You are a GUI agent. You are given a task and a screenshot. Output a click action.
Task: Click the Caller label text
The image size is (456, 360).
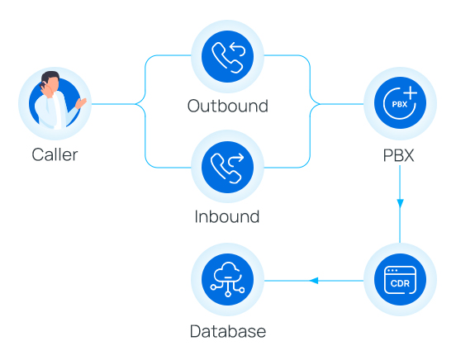point(55,154)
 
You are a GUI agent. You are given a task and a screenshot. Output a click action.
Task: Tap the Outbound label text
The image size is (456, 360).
point(227,107)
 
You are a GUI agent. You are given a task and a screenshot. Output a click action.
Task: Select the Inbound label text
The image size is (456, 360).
point(227,217)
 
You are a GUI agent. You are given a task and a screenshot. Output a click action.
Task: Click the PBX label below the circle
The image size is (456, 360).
point(400,154)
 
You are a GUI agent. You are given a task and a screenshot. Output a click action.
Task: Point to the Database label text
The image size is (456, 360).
point(227,332)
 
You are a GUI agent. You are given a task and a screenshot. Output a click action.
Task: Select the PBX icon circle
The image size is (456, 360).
point(401,104)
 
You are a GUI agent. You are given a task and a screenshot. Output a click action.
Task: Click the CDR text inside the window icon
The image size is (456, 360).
point(400,284)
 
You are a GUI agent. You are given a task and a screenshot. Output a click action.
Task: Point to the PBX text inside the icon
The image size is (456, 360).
point(397,106)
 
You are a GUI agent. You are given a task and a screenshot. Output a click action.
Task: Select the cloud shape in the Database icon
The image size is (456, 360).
point(227,273)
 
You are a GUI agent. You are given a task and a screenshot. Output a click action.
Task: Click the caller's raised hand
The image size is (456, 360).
point(81,103)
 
